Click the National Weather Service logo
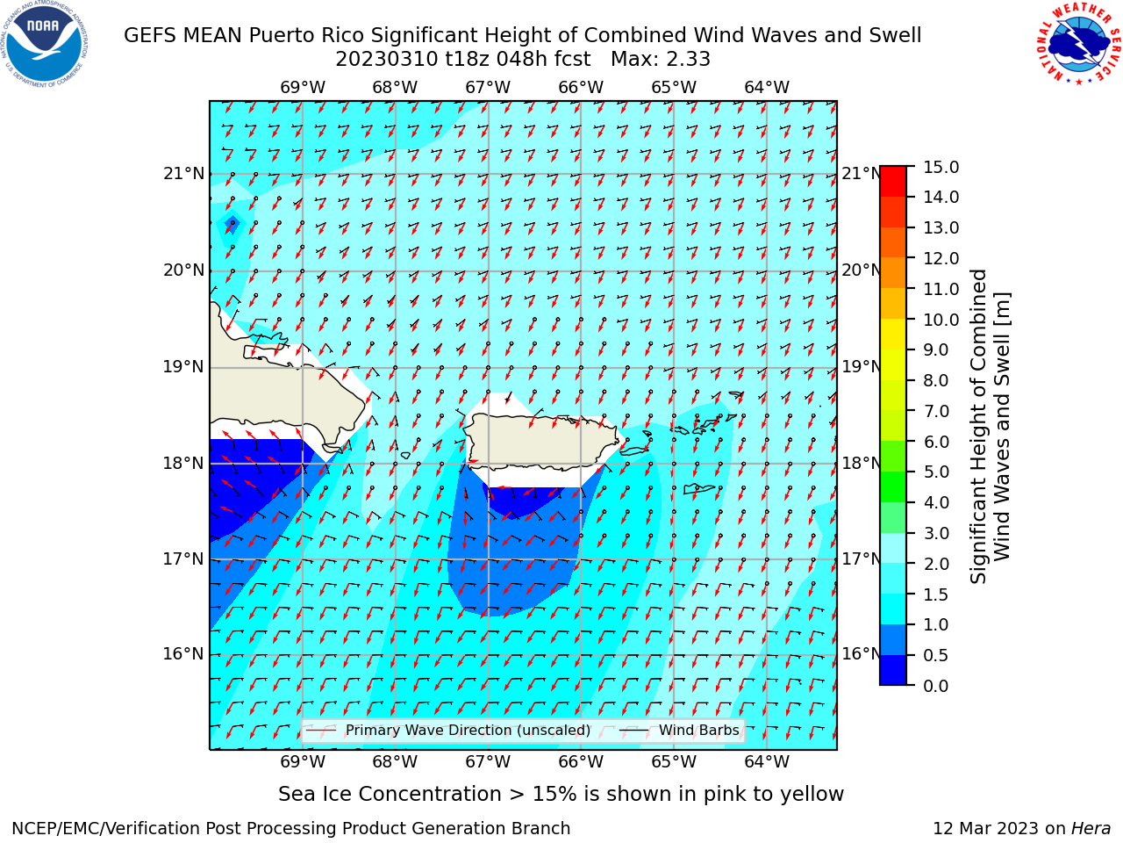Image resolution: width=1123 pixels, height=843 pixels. pyautogui.click(x=1078, y=43)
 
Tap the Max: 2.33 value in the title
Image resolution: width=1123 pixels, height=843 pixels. pyautogui.click(x=661, y=59)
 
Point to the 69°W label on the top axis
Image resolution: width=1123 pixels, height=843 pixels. pyautogui.click(x=303, y=88)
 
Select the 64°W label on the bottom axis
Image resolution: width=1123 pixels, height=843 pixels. pyautogui.click(x=767, y=761)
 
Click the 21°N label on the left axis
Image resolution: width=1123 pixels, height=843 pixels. pyautogui.click(x=183, y=174)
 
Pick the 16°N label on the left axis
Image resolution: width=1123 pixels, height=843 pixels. pyautogui.click(x=183, y=654)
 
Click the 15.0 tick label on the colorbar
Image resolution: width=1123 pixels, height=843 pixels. pyautogui.click(x=941, y=168)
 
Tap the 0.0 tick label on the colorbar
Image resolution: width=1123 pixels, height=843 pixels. pyautogui.click(x=936, y=686)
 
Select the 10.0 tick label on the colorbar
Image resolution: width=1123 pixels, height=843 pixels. pyautogui.click(x=941, y=320)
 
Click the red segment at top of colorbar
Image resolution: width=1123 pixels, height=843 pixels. pyautogui.click(x=893, y=182)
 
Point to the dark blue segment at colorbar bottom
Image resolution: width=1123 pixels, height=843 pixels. pyautogui.click(x=893, y=669)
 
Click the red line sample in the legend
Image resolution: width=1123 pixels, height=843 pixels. pyautogui.click(x=321, y=730)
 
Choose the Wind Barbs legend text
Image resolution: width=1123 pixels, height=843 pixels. pyautogui.click(x=699, y=730)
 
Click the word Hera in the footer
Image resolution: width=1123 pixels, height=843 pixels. pyautogui.click(x=1091, y=828)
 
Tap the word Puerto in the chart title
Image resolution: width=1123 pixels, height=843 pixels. pyautogui.click(x=281, y=35)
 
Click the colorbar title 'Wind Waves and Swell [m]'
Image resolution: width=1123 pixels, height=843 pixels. pyautogui.click(x=1001, y=427)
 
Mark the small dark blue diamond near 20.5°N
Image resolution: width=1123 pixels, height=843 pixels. pyautogui.click(x=232, y=224)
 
